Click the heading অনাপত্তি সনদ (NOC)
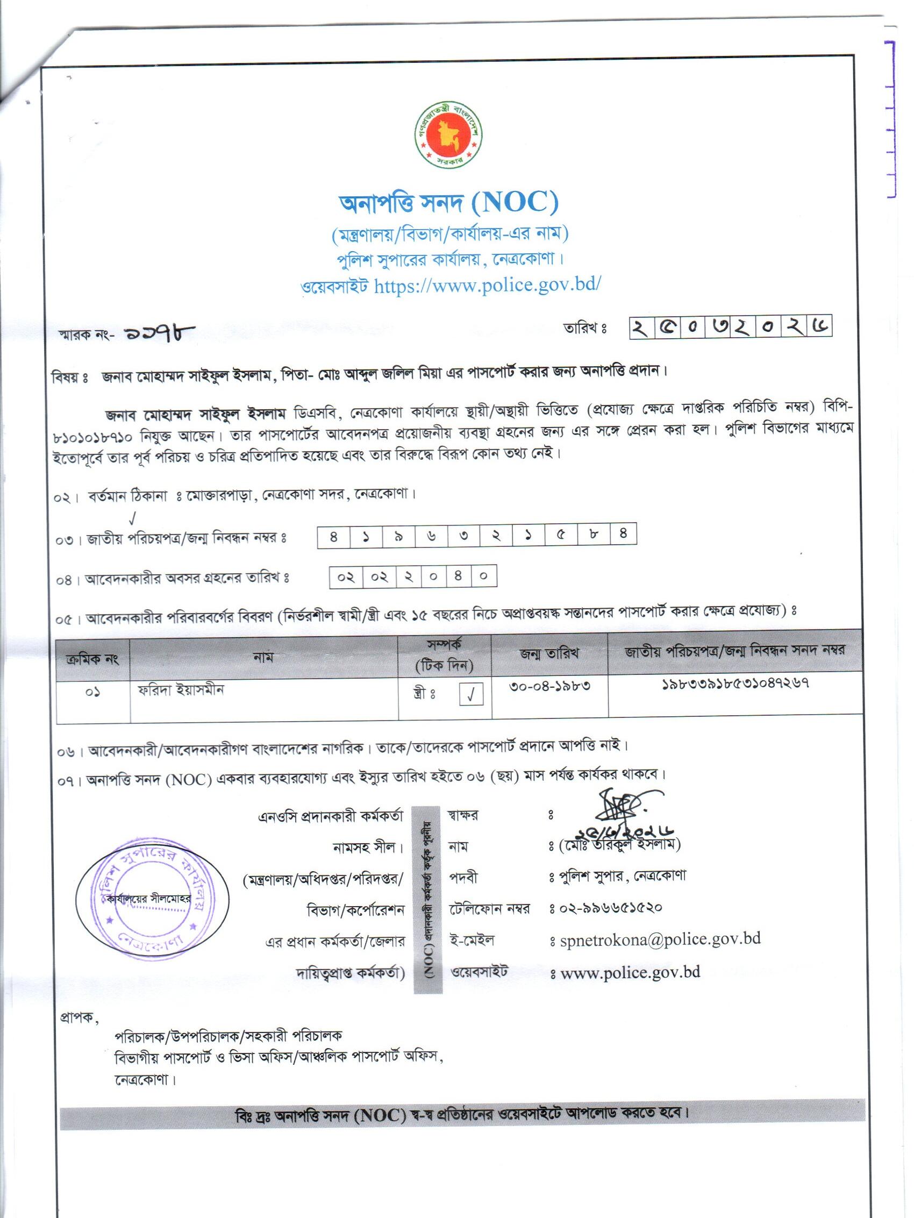(448, 203)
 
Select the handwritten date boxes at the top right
(730, 327)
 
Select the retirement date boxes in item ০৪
(413, 576)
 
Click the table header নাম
(263, 657)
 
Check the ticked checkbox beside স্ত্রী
(472, 695)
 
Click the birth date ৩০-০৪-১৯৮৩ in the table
(549, 686)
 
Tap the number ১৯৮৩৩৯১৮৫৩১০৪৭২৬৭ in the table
(734, 685)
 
